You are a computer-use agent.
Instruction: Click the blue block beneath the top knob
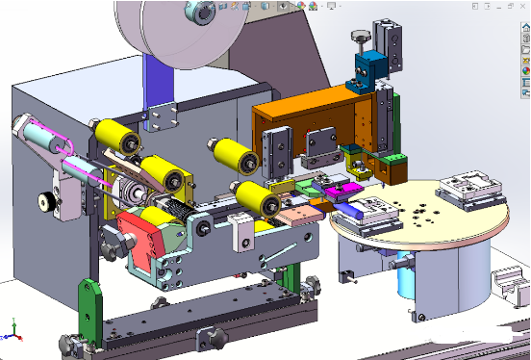(367, 68)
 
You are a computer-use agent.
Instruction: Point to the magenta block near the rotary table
(341, 193)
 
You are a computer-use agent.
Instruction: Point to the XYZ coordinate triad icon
(11, 332)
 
